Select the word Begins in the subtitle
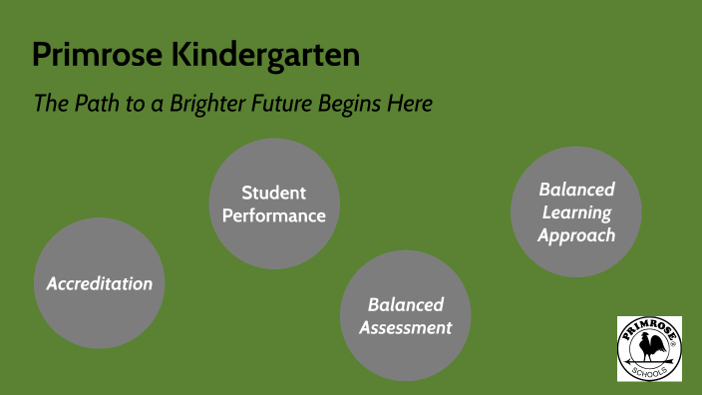click(x=351, y=104)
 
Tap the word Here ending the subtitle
click(x=410, y=103)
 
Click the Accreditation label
click(x=100, y=283)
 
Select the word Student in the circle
click(x=273, y=193)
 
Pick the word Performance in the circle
click(x=273, y=214)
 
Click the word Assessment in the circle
click(x=406, y=327)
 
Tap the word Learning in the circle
click(x=576, y=211)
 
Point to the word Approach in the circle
click(x=576, y=235)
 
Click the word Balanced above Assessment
click(x=406, y=304)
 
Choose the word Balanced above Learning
click(x=576, y=189)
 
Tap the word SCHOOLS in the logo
click(x=649, y=371)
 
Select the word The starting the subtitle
click(x=49, y=103)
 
